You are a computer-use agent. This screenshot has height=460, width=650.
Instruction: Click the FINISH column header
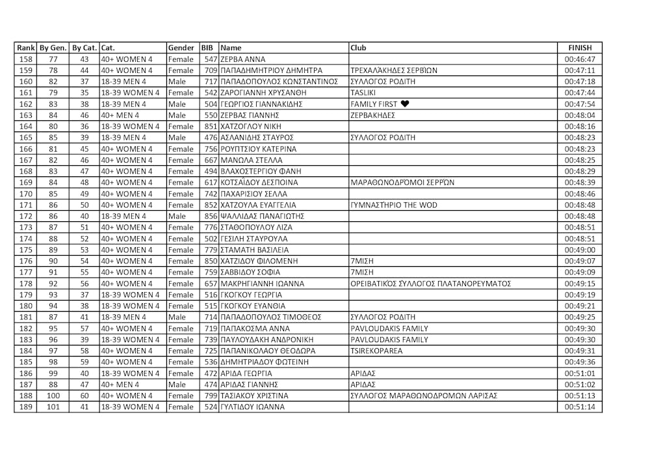pyautogui.click(x=580, y=47)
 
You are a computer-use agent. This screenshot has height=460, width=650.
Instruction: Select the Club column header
pyautogui.click(x=358, y=47)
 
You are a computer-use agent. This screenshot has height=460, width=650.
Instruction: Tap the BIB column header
pyautogui.click(x=207, y=47)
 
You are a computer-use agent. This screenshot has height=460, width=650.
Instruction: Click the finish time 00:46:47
pyautogui.click(x=580, y=59)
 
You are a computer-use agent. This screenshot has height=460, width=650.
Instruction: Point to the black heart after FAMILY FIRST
pyautogui.click(x=404, y=104)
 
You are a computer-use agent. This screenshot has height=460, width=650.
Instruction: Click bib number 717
pyautogui.click(x=211, y=81)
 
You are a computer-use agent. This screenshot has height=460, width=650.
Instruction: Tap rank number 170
pyautogui.click(x=25, y=194)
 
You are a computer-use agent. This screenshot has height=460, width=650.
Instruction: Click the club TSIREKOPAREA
pyautogui.click(x=376, y=351)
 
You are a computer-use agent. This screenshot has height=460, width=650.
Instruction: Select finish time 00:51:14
pyautogui.click(x=580, y=407)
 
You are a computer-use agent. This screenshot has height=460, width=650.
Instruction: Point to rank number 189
pyautogui.click(x=25, y=407)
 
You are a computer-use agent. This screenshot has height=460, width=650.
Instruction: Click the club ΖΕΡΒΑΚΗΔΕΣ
pyautogui.click(x=372, y=115)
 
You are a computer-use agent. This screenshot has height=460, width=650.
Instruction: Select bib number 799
pyautogui.click(x=211, y=396)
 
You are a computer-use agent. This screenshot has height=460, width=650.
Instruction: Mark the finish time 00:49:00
pyautogui.click(x=580, y=250)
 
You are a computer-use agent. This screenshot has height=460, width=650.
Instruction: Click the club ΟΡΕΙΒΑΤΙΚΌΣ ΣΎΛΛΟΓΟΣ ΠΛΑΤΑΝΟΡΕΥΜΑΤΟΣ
pyautogui.click(x=430, y=284)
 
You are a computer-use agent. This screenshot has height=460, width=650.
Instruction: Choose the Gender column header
pyautogui.click(x=181, y=47)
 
